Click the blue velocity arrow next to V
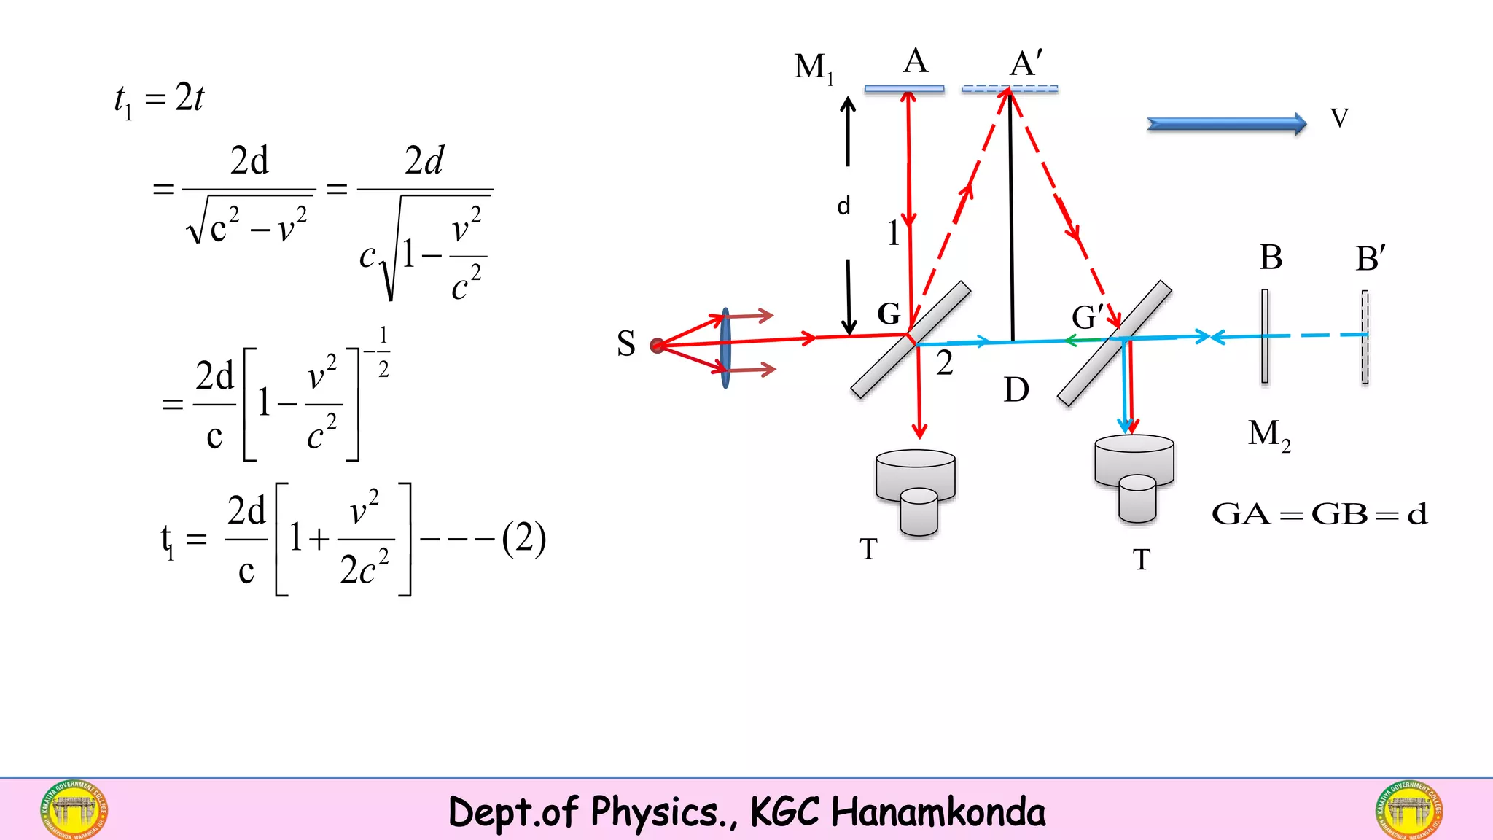coord(1226,124)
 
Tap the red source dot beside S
coord(657,345)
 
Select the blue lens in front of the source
coord(725,348)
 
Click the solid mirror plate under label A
coord(904,89)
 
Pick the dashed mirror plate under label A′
coord(1010,89)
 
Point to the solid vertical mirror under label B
coord(1265,336)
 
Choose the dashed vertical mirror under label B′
coord(1365,337)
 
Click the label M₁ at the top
coord(814,68)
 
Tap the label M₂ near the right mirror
coord(1268,435)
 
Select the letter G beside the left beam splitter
coord(889,314)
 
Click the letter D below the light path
coord(1016,390)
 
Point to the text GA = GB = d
coord(1319,514)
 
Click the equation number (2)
coord(523,539)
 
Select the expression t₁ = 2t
coord(159,99)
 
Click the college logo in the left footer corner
coord(74,809)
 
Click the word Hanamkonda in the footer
coord(938,812)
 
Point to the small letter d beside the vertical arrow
coord(843,206)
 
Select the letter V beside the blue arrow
coord(1339,118)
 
